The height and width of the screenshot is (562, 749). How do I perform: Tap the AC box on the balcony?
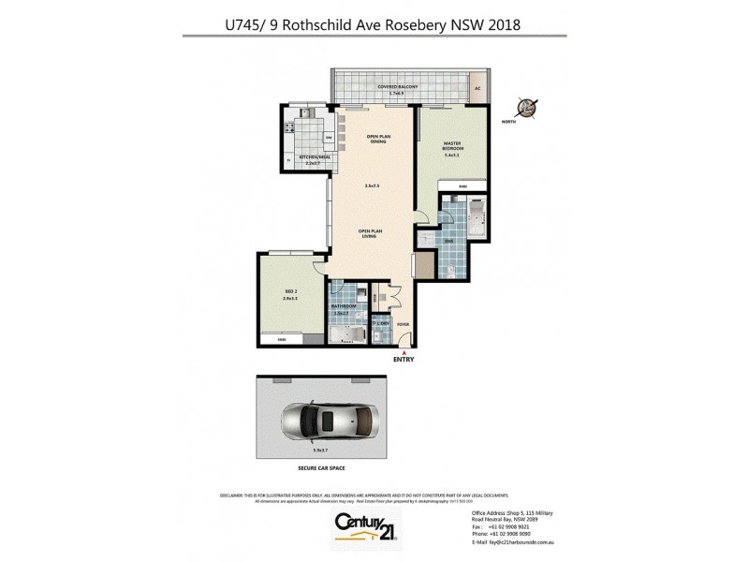(477, 88)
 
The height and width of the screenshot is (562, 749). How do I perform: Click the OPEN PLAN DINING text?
(377, 138)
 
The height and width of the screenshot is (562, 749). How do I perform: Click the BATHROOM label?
(343, 305)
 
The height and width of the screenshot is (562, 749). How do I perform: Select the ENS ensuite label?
(450, 240)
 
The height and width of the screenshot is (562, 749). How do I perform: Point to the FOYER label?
(404, 325)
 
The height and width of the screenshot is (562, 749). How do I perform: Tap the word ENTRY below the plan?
(404, 360)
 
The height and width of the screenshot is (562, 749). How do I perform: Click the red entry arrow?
(404, 351)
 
